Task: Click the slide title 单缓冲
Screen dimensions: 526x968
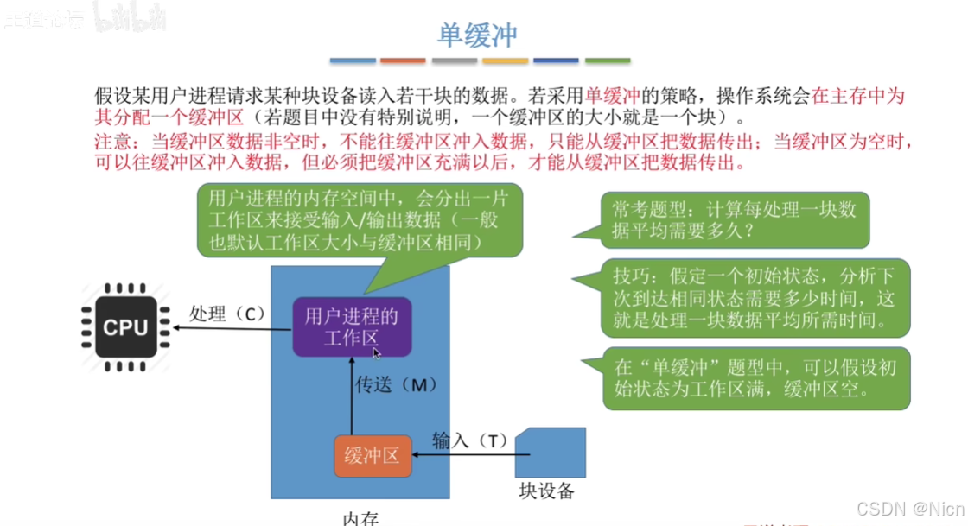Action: [x=477, y=34]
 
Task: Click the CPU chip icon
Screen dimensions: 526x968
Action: [x=126, y=327]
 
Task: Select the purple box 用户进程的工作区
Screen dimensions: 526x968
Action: [x=352, y=326]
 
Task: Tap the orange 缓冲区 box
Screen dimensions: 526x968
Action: [x=372, y=456]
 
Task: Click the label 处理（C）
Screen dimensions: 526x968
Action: [x=227, y=314]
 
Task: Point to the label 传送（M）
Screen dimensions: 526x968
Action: [x=392, y=385]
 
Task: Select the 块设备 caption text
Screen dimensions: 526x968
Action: [x=546, y=491]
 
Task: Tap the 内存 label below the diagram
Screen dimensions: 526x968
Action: [x=361, y=518]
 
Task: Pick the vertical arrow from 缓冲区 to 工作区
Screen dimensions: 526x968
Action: [x=352, y=397]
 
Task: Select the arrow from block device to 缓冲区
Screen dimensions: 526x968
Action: [x=463, y=456]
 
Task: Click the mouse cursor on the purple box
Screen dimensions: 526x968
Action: [x=377, y=352]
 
